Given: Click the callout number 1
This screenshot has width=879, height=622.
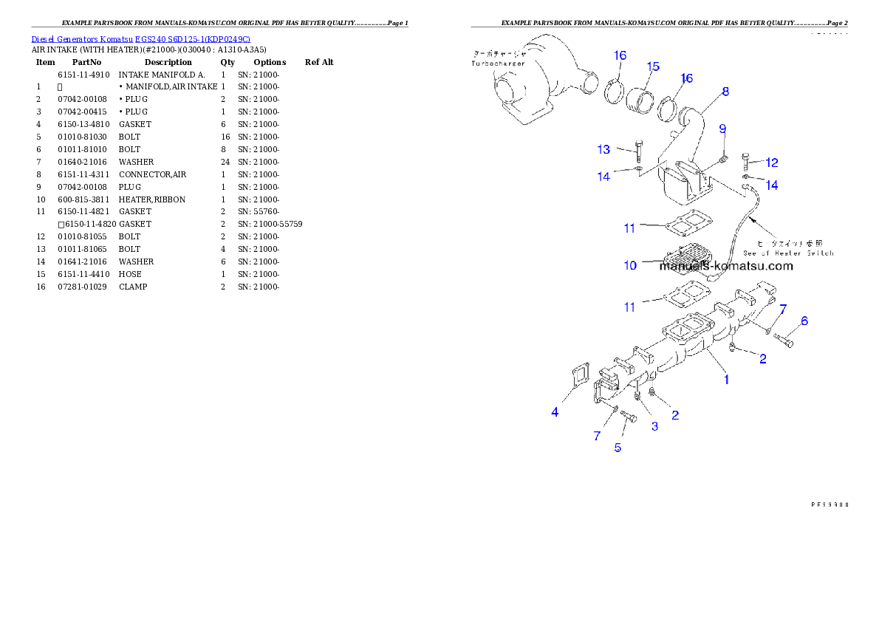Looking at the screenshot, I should (727, 380).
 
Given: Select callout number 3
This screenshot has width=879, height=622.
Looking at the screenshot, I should (654, 426).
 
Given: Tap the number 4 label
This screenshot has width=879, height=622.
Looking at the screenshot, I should (555, 412).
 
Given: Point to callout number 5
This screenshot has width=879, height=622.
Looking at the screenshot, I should (618, 447).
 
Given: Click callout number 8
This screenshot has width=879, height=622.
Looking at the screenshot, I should (725, 92).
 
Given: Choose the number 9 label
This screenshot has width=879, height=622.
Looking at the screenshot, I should (723, 129).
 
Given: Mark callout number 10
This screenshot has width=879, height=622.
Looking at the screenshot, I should (630, 265).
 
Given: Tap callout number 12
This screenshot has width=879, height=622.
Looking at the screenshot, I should (771, 163).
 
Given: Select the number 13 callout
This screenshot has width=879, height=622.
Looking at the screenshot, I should (603, 150).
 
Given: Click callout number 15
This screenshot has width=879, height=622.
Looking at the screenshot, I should (652, 66).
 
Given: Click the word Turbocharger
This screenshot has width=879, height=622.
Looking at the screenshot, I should (498, 64).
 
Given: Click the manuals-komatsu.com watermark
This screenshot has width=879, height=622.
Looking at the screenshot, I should (726, 266).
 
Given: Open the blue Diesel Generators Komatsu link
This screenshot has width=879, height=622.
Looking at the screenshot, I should (140, 38).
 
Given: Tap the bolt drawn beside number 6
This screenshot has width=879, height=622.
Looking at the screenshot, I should (784, 341).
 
